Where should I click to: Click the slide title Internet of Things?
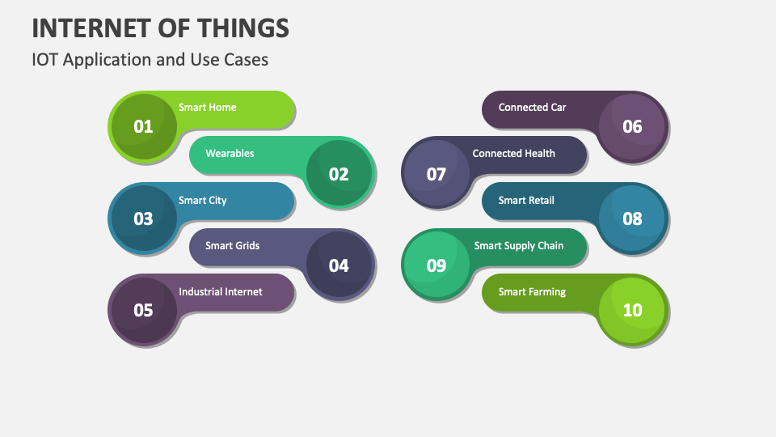click(160, 28)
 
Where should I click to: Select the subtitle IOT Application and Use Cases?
click(150, 60)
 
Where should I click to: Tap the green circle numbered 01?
click(143, 126)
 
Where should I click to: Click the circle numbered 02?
click(339, 173)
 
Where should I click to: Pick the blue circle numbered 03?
click(143, 218)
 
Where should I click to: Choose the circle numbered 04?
click(339, 265)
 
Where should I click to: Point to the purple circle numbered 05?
click(143, 310)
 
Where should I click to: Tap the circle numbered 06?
click(632, 126)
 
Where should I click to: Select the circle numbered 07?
click(436, 173)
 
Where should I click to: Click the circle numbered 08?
click(632, 218)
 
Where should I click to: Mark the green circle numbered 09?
click(436, 265)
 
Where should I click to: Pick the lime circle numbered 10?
click(632, 310)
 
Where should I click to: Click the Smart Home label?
click(208, 107)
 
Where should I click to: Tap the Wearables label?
click(230, 153)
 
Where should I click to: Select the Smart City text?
click(203, 200)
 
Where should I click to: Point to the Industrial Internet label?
click(221, 291)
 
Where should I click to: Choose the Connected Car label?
click(532, 107)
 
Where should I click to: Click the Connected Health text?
click(513, 153)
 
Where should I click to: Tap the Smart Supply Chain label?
click(519, 245)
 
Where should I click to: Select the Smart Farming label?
click(532, 291)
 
